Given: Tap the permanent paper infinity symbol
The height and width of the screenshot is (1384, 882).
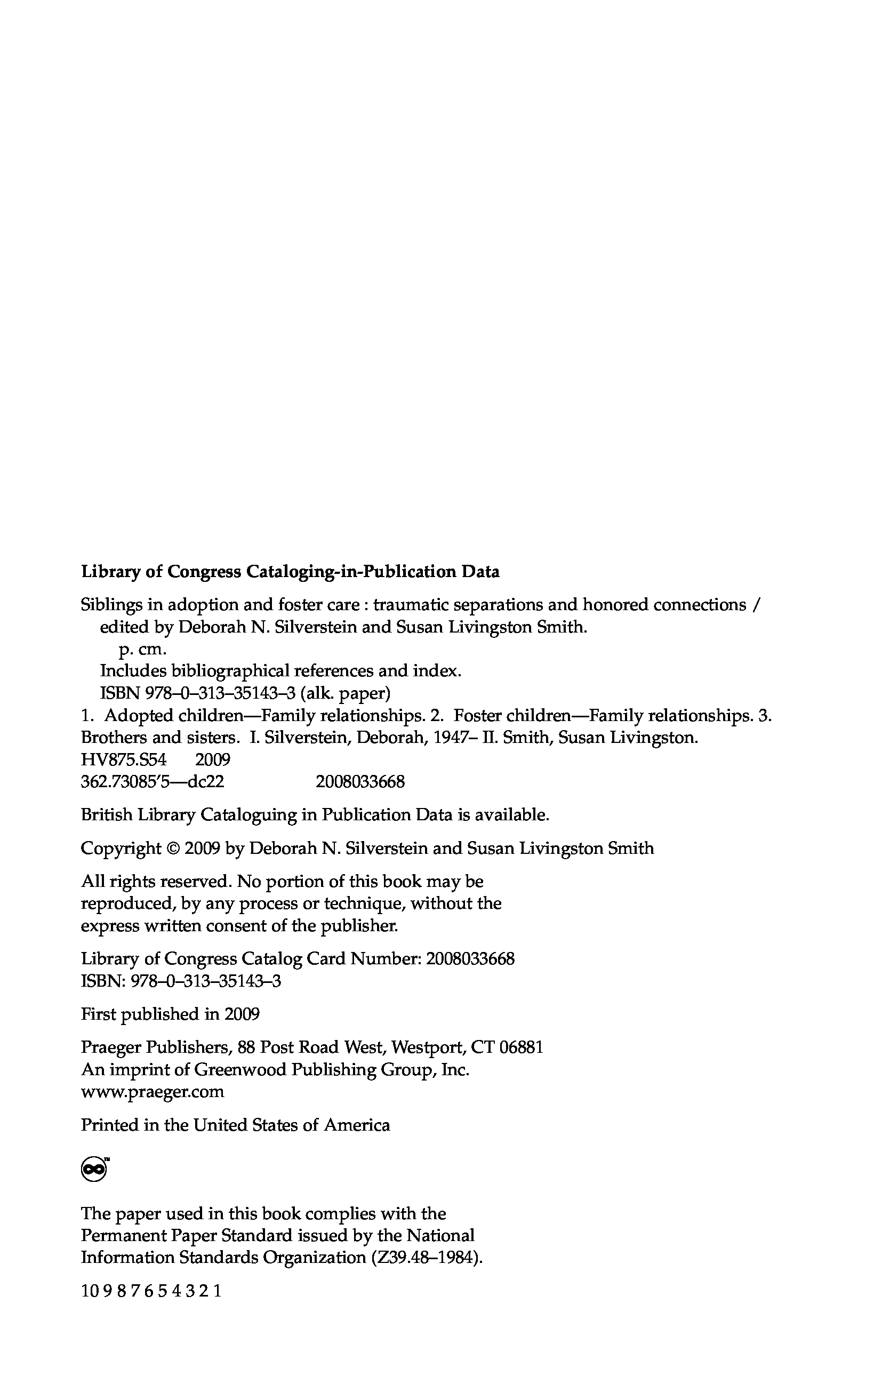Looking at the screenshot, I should [x=94, y=1169].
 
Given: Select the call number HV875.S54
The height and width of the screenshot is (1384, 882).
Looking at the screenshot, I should [x=124, y=760].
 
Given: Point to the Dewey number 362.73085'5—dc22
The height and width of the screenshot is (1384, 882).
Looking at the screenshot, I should [x=153, y=782].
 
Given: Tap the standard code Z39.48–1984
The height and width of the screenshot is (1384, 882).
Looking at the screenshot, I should [x=425, y=1258].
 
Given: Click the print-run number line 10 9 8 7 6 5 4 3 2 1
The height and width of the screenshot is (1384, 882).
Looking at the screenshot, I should [x=151, y=1291].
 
